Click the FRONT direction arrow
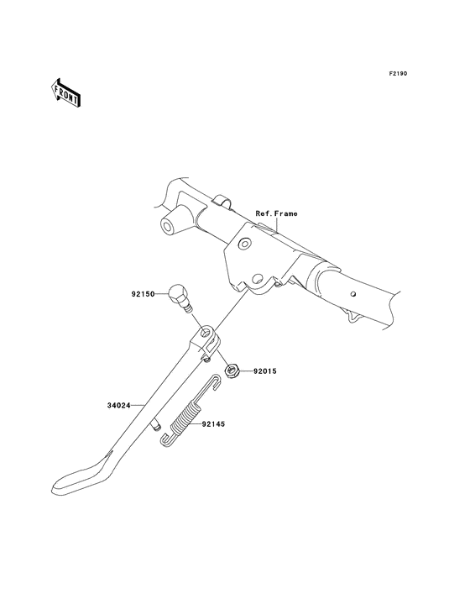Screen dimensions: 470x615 click(66, 92)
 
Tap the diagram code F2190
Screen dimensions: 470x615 click(398, 73)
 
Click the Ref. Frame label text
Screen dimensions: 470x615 click(276, 213)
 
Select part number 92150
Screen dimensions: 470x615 click(143, 293)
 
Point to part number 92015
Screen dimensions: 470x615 click(264, 371)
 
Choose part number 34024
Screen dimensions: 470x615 click(118, 406)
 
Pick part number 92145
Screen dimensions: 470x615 click(213, 424)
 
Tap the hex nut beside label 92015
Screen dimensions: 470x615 click(231, 371)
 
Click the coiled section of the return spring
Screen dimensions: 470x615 click(186, 419)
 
